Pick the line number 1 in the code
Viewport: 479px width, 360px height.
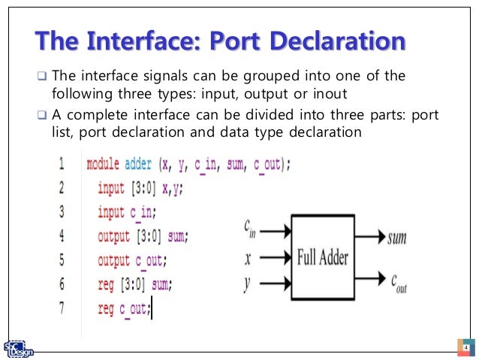[61, 163]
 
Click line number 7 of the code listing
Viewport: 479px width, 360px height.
[61, 307]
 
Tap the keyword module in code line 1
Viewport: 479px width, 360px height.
[104, 164]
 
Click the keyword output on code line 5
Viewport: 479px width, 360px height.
[114, 261]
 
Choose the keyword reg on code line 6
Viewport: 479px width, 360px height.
[105, 284]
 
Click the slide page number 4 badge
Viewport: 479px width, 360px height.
[465, 348]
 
